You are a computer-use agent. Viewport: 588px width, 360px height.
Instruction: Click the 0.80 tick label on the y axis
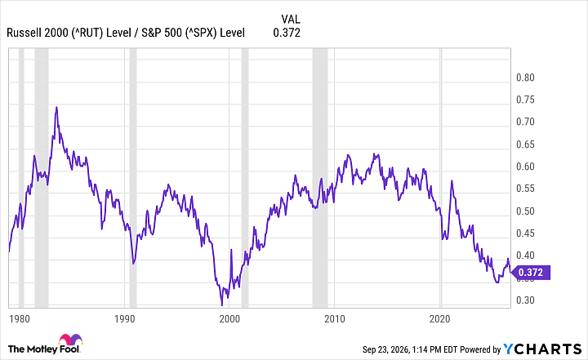pos(525,78)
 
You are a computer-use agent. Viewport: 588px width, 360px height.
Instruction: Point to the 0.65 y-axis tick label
pos(525,144)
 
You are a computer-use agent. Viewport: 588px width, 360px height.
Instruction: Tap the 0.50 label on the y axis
pos(525,211)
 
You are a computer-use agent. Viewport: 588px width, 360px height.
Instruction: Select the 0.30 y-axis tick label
pos(525,300)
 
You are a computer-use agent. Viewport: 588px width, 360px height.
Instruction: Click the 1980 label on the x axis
pos(20,318)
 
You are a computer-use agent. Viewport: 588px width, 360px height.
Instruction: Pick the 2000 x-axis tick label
pos(229,318)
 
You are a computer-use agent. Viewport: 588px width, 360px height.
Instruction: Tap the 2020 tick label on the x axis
pos(439,318)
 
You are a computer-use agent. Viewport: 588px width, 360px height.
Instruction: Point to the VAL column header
pos(291,19)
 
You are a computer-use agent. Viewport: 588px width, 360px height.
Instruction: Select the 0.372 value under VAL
pos(287,33)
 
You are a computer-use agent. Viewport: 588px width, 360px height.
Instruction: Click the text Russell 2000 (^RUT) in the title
pos(55,33)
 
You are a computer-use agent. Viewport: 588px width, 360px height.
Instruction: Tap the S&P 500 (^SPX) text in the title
pos(179,33)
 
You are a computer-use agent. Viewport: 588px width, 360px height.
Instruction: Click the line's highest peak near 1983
pos(56,107)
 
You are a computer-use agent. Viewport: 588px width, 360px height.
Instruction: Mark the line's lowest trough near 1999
pos(221,304)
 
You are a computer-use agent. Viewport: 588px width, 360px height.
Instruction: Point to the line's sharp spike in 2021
pos(452,180)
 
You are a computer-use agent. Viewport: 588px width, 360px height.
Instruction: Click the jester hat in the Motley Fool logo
pos(70,339)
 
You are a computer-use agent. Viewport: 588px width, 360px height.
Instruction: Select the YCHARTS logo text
pos(542,349)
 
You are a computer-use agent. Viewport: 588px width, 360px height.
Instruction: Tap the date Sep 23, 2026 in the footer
pos(385,350)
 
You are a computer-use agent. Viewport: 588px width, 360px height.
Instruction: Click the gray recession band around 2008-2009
pos(320,178)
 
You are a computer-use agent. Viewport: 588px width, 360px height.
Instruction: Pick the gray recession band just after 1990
pos(133,178)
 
